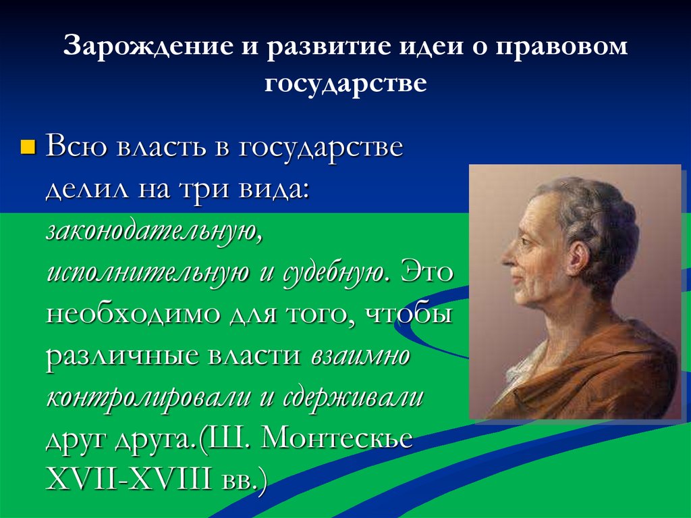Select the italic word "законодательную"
153,231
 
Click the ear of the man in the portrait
579,255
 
